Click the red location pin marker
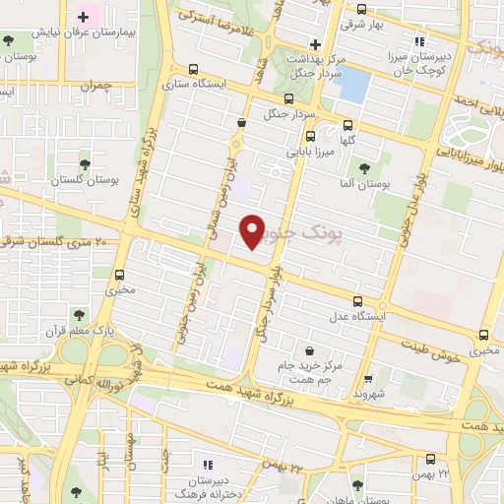(253, 231)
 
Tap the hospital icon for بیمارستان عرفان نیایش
(84, 18)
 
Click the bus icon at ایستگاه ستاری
(193, 70)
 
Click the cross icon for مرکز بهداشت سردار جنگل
(315, 43)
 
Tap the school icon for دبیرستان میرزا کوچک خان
(420, 41)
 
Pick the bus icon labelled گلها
(347, 125)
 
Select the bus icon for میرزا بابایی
(310, 137)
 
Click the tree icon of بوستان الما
(366, 168)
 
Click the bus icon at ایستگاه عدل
(357, 302)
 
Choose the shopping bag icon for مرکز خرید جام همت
(310, 349)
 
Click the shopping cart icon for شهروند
(367, 379)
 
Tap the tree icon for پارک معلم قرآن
(79, 315)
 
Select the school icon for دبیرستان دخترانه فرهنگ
(206, 464)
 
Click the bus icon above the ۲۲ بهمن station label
(430, 460)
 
